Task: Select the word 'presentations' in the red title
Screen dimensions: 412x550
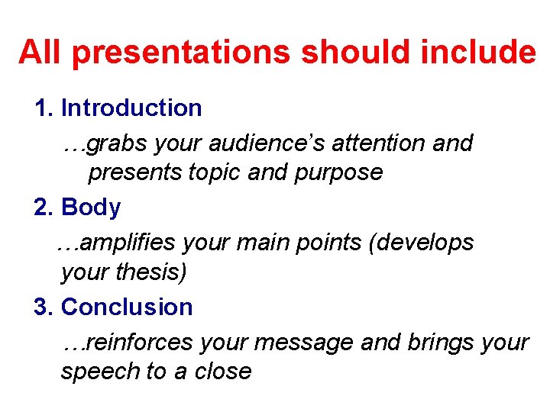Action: coord(180,53)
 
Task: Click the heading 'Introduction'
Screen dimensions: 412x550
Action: coord(131,108)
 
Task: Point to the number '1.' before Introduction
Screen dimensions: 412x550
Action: coord(44,108)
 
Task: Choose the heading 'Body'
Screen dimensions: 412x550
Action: coord(91,208)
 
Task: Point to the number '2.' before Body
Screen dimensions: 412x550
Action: coord(44,208)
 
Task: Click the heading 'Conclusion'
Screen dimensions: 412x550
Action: coord(127,307)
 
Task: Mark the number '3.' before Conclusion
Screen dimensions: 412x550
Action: coord(44,307)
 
